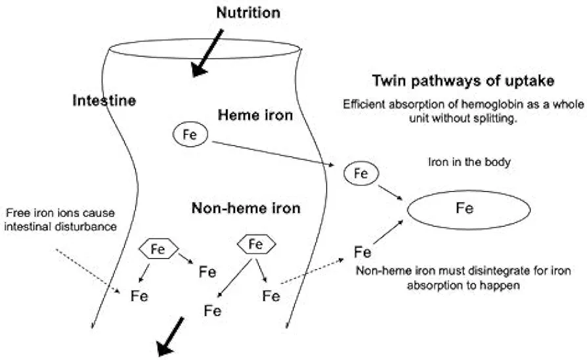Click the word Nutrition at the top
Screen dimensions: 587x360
pos(248,12)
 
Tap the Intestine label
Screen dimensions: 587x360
pos(104,101)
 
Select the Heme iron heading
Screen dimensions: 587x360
pos(255,115)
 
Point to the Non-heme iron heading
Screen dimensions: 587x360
pos(246,208)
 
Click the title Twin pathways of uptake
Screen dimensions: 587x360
pos(463,81)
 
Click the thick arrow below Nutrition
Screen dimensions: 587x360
pos(207,53)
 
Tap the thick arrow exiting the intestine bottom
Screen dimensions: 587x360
pos(170,336)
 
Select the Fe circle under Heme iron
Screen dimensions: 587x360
pos(190,134)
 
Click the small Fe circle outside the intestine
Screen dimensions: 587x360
pos(361,173)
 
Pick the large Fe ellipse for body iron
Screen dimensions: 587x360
pos(469,210)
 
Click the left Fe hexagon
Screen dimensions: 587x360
pos(158,249)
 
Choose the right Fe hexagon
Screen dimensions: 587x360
pos(257,244)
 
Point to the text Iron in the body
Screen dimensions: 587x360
pos(469,162)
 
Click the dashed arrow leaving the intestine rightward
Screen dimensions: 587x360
pos(313,271)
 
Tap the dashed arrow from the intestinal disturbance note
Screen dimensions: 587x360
pos(88,271)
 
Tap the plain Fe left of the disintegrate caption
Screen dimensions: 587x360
pos(362,252)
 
